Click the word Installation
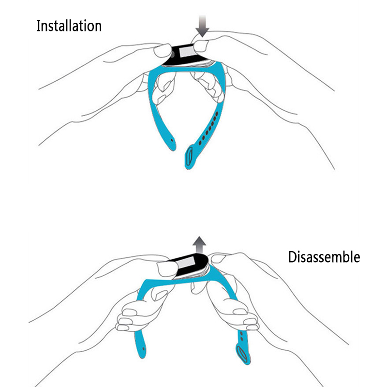pyautogui.click(x=69, y=26)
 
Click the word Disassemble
pyautogui.click(x=324, y=257)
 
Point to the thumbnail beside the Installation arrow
pyautogui.click(x=199, y=45)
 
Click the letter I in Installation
pyautogui.click(x=39, y=26)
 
